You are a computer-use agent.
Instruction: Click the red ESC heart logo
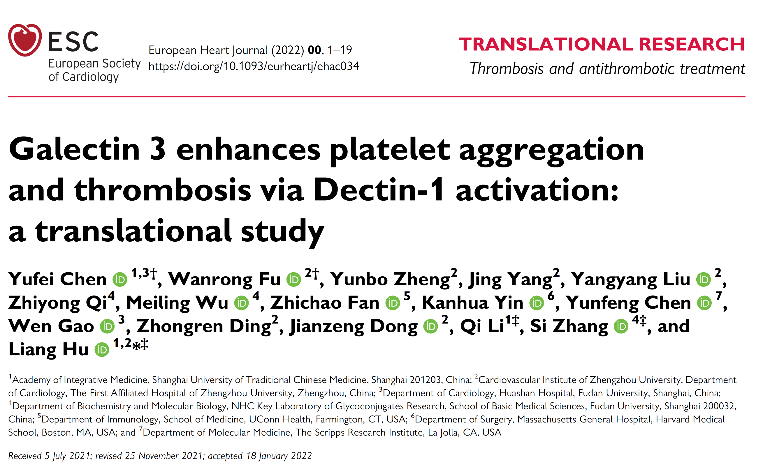(25, 40)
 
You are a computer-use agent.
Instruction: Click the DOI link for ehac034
(254, 66)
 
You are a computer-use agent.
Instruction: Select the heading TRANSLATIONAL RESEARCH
(601, 44)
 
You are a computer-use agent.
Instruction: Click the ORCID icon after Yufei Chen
(120, 280)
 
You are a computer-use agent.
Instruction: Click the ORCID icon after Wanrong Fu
(294, 280)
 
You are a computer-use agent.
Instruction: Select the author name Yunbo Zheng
(390, 279)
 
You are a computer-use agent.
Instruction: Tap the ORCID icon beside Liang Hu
(102, 350)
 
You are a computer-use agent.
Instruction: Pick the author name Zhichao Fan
(325, 303)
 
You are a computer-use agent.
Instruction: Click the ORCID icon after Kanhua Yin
(537, 303)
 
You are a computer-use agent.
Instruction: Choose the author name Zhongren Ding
(203, 326)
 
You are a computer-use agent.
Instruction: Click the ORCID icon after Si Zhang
(621, 327)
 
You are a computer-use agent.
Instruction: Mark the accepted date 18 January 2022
(279, 456)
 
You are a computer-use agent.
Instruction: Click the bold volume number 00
(314, 50)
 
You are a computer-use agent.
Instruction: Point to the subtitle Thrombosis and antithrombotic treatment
(607, 69)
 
